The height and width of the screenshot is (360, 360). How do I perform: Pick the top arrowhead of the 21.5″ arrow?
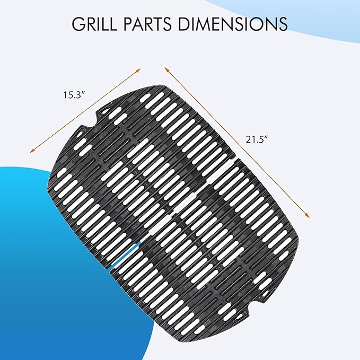click(x=166, y=68)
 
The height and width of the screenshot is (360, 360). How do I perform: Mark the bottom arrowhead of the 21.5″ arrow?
click(x=308, y=216)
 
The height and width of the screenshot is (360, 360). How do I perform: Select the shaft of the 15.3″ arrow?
click(x=85, y=111)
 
